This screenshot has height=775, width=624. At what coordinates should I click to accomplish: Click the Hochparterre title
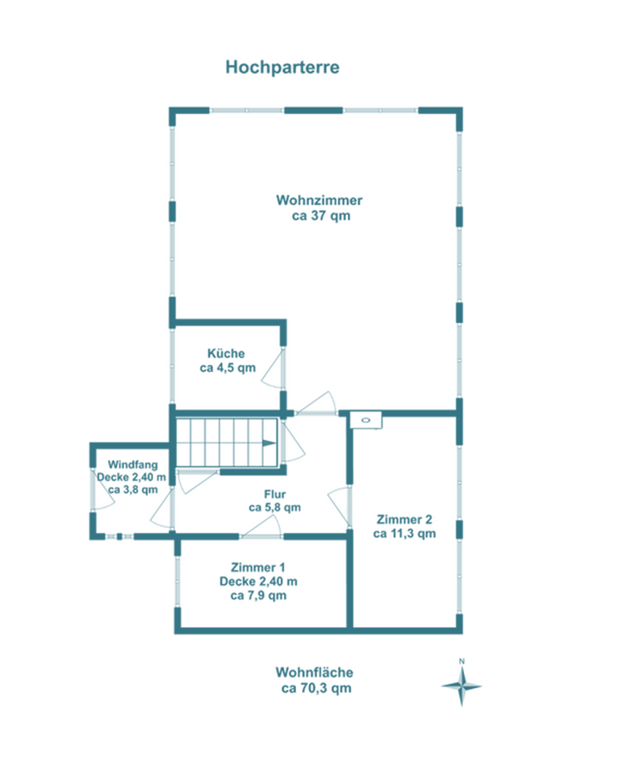(282, 67)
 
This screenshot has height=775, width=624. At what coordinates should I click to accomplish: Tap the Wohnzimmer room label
(319, 200)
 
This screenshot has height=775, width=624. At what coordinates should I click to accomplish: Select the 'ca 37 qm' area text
(321, 216)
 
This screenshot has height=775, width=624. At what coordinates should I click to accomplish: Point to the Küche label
(226, 353)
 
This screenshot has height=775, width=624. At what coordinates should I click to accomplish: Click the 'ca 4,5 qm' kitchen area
(228, 368)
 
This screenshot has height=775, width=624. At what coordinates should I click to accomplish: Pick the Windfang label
(133, 465)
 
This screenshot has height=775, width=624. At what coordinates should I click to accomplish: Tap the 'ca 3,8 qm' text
(133, 489)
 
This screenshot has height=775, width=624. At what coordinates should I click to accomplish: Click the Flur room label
(275, 494)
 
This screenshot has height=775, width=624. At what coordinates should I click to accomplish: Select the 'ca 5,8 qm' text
(275, 507)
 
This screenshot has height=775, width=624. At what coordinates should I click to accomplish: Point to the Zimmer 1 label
(258, 567)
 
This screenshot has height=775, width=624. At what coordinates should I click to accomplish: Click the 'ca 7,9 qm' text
(258, 596)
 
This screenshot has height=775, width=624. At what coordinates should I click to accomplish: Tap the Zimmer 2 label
(405, 519)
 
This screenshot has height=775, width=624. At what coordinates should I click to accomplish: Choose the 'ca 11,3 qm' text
(405, 534)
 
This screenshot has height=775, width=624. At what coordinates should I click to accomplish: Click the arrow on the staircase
(269, 443)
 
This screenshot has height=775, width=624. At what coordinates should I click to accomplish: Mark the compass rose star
(461, 686)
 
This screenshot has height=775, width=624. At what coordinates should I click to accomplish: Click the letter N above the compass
(461, 661)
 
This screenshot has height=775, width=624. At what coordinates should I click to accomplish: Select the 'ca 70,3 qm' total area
(316, 688)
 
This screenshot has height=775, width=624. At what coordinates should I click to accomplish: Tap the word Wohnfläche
(314, 673)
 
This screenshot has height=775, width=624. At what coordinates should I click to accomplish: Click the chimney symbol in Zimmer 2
(366, 420)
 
